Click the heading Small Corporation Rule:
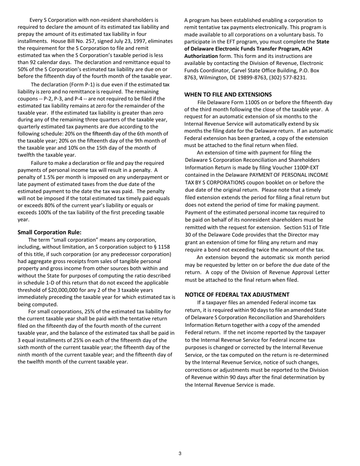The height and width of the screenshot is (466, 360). coord(49,232)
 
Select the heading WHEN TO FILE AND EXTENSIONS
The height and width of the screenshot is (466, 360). coord(228,94)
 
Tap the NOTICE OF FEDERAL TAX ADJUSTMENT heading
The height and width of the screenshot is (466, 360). coord(237,294)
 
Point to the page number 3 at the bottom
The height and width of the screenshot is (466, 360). coord(180,453)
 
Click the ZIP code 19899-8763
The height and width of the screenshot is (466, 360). coord(250,77)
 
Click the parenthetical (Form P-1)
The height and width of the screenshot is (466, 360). coord(72,84)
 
